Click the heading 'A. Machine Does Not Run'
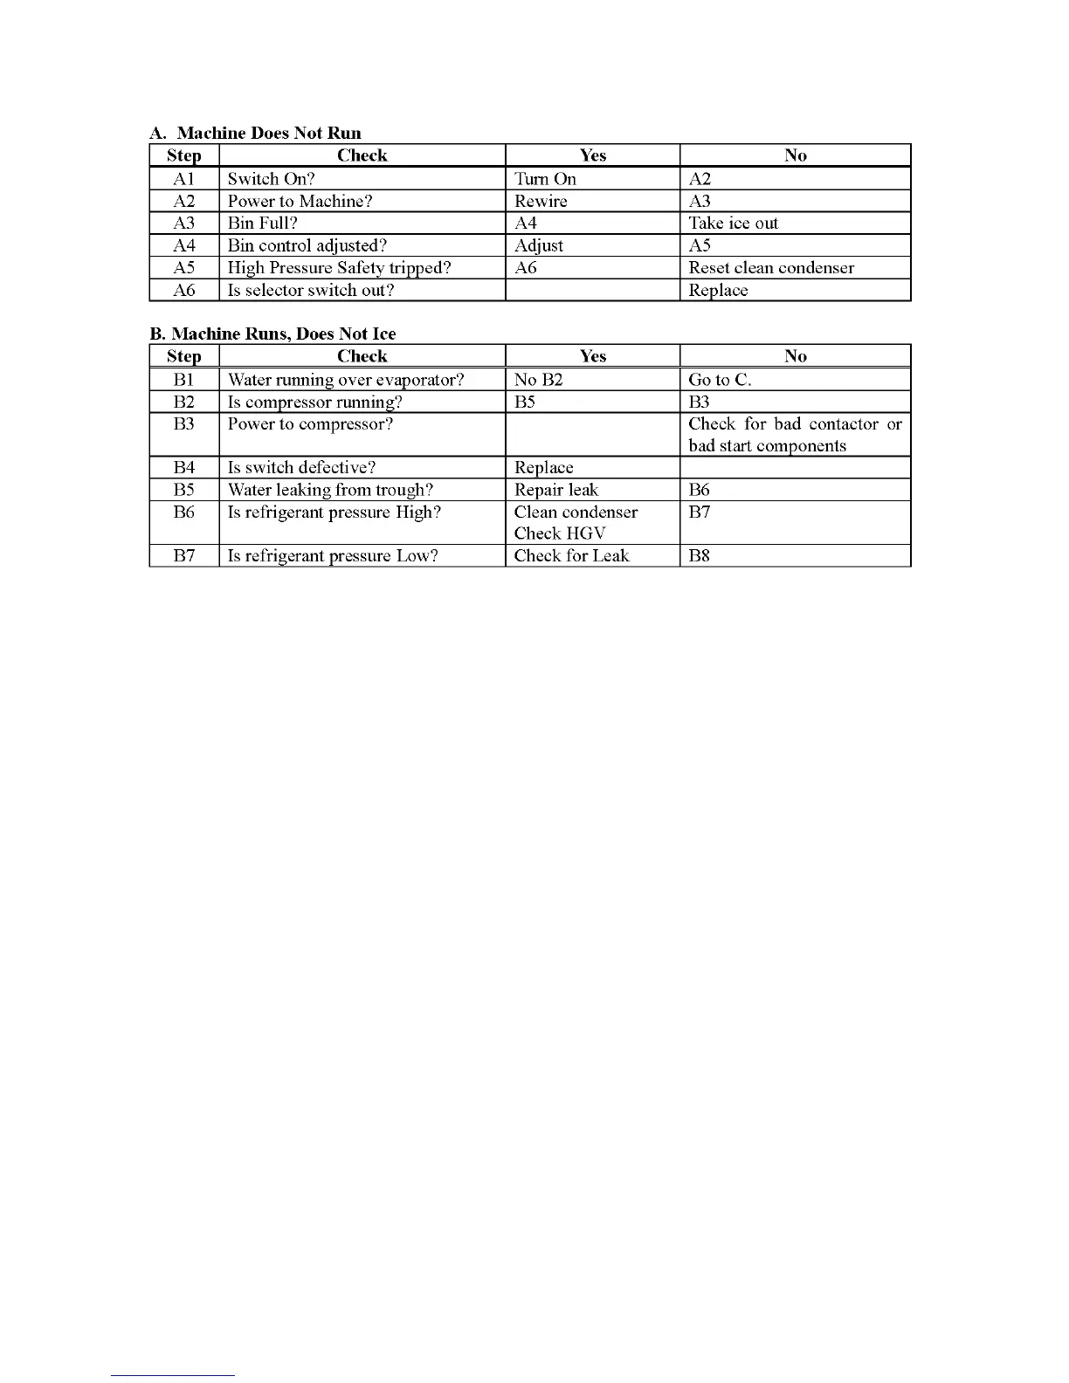(x=255, y=133)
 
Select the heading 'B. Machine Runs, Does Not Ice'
(x=272, y=334)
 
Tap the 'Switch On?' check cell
(x=271, y=179)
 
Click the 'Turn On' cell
(x=545, y=179)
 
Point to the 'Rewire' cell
(x=541, y=201)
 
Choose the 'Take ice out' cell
(x=733, y=224)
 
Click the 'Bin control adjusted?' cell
(x=307, y=245)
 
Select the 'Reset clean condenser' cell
(x=771, y=268)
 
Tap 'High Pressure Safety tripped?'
(x=339, y=268)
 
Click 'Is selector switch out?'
(x=311, y=290)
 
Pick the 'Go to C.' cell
(x=720, y=380)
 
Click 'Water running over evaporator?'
(x=346, y=380)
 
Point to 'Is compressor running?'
(x=314, y=402)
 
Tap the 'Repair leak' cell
(x=556, y=490)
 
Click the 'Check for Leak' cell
(x=571, y=555)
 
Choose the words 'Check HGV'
(x=559, y=533)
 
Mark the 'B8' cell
(x=699, y=555)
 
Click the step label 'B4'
(x=183, y=468)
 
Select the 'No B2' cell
(x=538, y=380)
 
